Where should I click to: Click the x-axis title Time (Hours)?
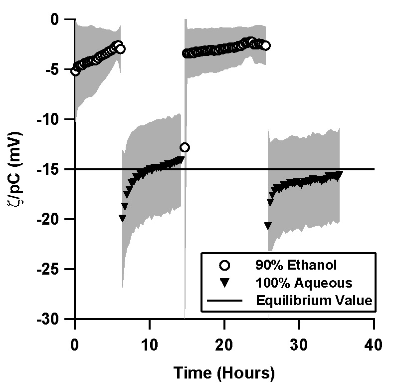(224, 373)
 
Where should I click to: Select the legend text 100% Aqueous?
(297, 283)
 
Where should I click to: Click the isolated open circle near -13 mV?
(185, 147)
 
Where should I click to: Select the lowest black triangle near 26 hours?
(268, 226)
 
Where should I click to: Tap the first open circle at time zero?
(75, 71)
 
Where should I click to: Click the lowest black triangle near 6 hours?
(123, 218)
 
